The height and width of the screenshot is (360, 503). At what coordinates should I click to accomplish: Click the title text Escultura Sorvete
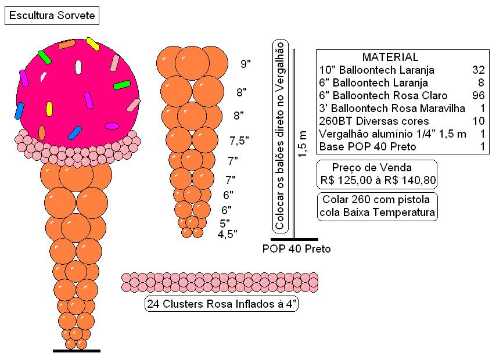click(x=52, y=16)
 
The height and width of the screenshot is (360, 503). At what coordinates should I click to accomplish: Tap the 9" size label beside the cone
click(x=246, y=63)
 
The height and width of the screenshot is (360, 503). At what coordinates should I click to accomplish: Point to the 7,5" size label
click(x=239, y=141)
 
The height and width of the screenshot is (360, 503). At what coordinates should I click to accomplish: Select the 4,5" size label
click(x=227, y=234)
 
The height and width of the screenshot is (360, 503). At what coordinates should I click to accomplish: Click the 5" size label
click(x=225, y=223)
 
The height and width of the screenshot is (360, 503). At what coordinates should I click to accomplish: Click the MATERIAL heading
click(x=390, y=57)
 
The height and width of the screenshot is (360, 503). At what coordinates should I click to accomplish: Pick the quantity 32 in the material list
click(x=478, y=70)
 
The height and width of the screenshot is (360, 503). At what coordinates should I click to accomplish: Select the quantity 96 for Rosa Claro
click(x=478, y=96)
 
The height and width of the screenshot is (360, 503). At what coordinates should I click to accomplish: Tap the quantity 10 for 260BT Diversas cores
click(x=478, y=121)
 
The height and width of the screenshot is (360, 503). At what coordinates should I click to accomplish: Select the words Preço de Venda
click(x=372, y=167)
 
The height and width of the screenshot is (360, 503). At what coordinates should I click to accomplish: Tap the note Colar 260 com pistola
click(x=376, y=199)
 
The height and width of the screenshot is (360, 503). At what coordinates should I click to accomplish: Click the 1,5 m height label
click(x=303, y=144)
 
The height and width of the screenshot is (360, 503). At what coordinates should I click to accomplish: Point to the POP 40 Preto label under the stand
click(x=296, y=249)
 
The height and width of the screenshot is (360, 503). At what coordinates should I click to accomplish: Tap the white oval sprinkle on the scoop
click(x=78, y=67)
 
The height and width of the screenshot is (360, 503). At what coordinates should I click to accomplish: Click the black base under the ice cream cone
click(x=77, y=351)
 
